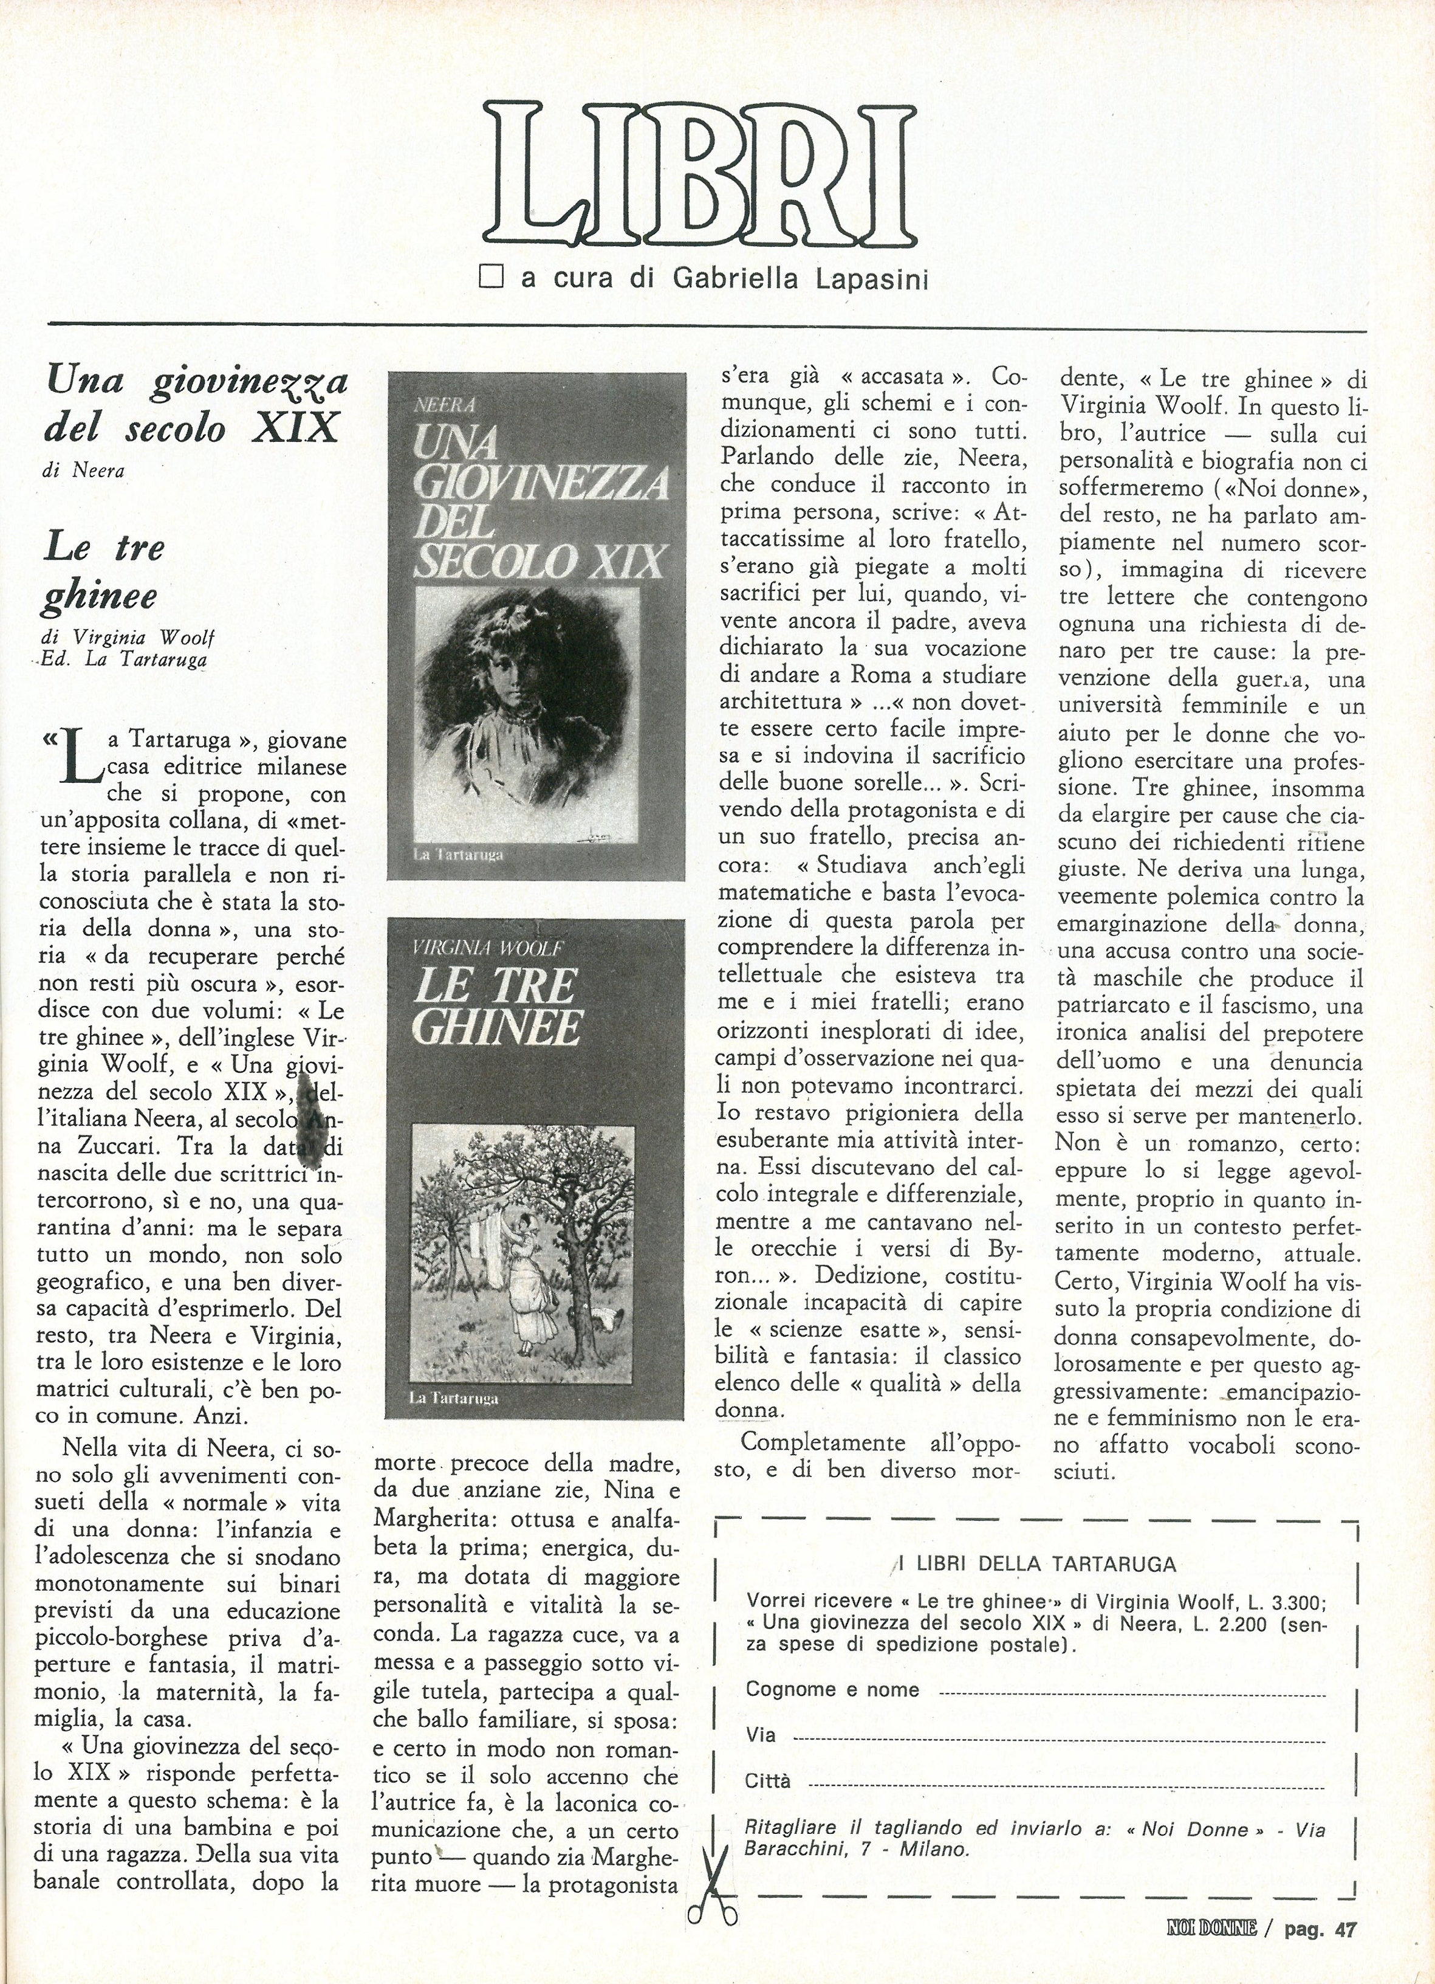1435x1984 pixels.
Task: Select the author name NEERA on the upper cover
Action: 442,404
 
